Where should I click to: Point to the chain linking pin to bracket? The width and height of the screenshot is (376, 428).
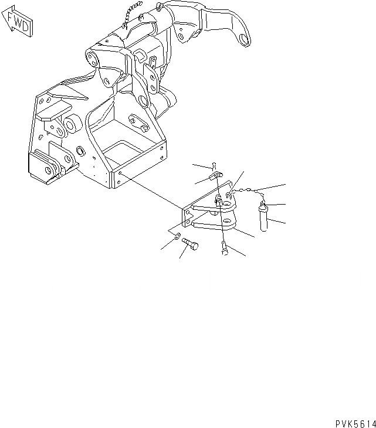(249, 191)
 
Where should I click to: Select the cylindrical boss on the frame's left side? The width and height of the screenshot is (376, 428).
(73, 124)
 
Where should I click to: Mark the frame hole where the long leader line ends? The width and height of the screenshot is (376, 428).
(121, 174)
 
